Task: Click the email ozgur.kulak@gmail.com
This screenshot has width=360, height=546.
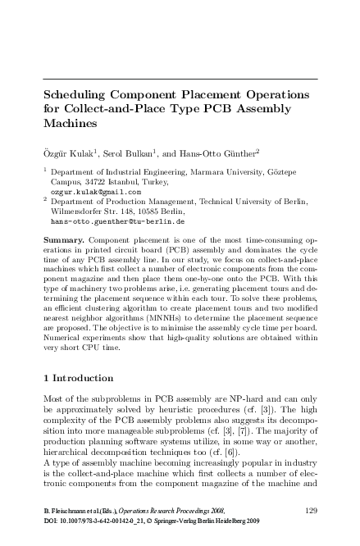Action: click(x=96, y=191)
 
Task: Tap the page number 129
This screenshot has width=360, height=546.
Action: click(x=310, y=511)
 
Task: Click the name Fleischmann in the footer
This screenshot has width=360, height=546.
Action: click(x=67, y=511)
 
